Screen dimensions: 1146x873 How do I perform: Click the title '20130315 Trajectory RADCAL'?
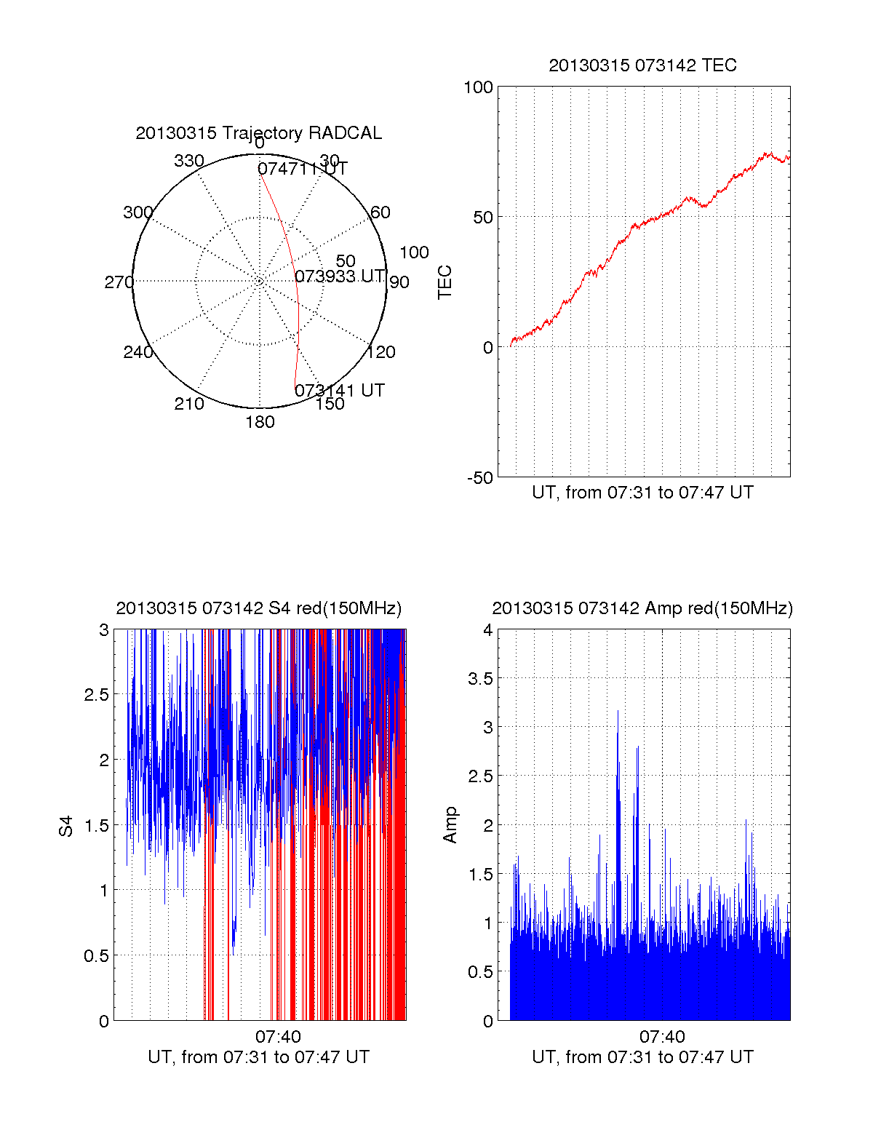point(258,133)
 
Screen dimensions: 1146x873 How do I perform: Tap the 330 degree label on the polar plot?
point(189,161)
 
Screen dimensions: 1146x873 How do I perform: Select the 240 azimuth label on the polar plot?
point(137,352)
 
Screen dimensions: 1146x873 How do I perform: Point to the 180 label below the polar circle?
point(260,422)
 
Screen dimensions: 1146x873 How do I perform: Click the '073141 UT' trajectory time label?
point(339,391)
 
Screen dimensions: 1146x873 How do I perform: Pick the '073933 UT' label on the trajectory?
point(339,276)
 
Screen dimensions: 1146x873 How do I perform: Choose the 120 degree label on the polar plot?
point(381,352)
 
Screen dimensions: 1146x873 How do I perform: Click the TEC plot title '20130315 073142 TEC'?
point(642,65)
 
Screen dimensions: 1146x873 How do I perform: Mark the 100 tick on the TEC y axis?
point(478,87)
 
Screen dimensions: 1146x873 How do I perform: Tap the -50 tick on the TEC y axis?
point(479,478)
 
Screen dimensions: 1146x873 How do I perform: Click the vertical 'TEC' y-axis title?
point(445,282)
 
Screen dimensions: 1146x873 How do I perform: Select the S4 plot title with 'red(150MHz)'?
point(258,608)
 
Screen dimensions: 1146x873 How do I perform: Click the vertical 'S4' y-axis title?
point(66,827)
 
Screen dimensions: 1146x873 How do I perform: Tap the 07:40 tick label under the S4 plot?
point(278,1037)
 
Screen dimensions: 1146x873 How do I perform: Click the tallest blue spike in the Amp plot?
point(618,713)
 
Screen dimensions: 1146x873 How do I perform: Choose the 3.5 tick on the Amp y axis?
point(480,679)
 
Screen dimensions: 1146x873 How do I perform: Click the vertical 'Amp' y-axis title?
point(450,825)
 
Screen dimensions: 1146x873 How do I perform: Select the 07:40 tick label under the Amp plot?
point(662,1037)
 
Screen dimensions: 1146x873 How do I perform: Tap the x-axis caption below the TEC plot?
point(642,493)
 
